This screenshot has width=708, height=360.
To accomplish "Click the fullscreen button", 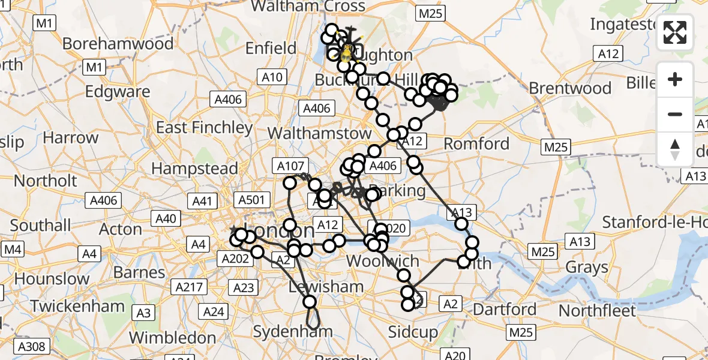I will (x=675, y=32).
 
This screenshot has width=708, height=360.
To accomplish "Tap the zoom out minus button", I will (x=675, y=114).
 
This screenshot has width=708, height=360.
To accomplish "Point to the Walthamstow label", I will (x=320, y=133).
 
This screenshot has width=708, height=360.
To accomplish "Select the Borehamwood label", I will (x=118, y=44).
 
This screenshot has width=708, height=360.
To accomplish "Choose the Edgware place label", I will (x=118, y=92).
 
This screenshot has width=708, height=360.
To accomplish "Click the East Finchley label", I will (x=205, y=127).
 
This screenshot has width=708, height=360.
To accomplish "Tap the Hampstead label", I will (x=194, y=169).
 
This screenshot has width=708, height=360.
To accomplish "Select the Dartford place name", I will (x=505, y=310).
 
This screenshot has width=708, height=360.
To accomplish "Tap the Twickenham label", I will (x=77, y=306).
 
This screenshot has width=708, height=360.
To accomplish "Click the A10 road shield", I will (x=272, y=77).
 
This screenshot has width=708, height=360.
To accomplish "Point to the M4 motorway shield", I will (x=13, y=248).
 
